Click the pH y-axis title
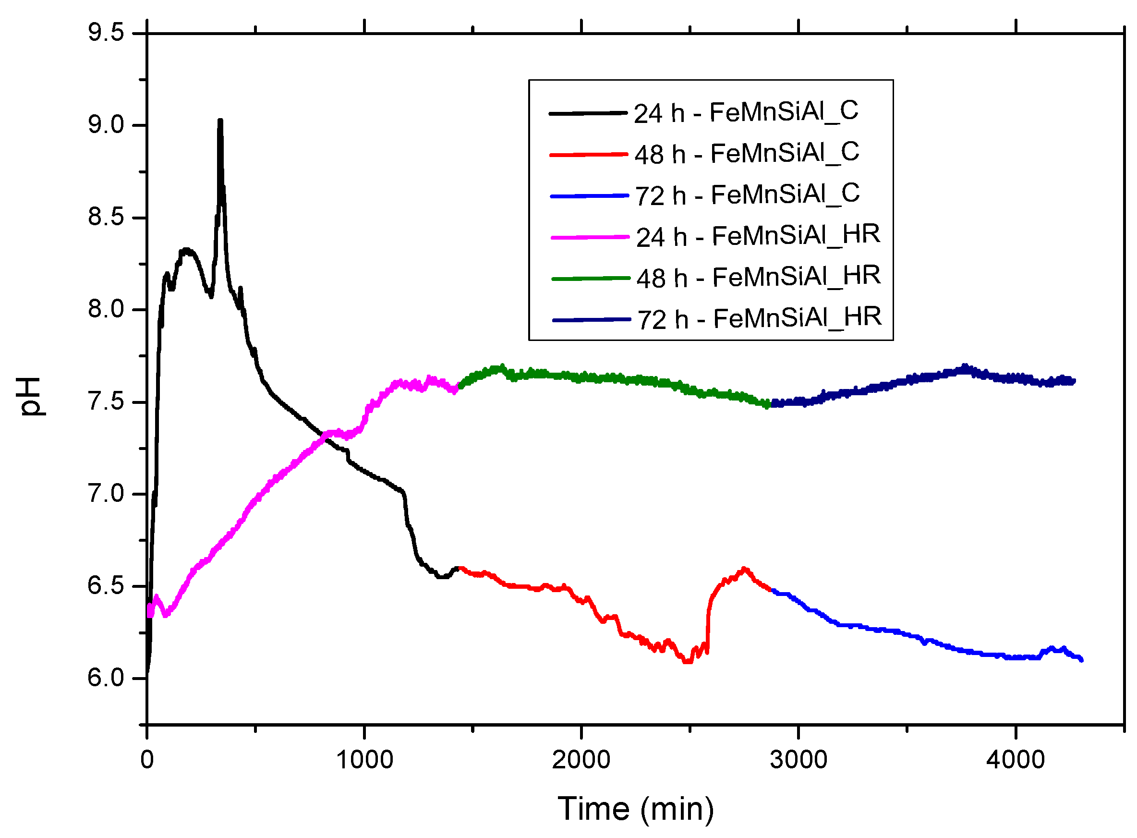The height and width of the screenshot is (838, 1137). [x=31, y=397]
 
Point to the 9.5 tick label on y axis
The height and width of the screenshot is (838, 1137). [x=106, y=33]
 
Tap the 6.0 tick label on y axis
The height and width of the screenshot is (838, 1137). [x=106, y=678]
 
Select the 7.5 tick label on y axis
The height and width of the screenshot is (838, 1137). [x=106, y=402]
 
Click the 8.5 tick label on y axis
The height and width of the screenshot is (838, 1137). [x=106, y=217]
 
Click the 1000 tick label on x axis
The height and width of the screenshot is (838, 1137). [x=364, y=760]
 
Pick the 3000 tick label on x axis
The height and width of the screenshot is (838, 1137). [x=798, y=760]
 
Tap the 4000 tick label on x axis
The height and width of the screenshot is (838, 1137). [x=1016, y=760]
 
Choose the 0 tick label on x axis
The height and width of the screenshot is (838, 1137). [x=147, y=760]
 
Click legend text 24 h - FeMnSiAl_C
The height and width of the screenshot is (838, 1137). [x=746, y=112]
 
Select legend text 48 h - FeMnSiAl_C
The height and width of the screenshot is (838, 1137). [x=747, y=153]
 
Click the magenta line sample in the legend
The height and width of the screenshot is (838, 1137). [x=590, y=237]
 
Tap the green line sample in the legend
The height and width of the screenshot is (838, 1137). [x=590, y=278]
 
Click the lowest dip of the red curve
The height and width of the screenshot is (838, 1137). [x=687, y=661]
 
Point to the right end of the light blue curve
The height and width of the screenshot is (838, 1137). [x=1081, y=660]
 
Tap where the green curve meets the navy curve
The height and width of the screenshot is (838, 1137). [x=769, y=404]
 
